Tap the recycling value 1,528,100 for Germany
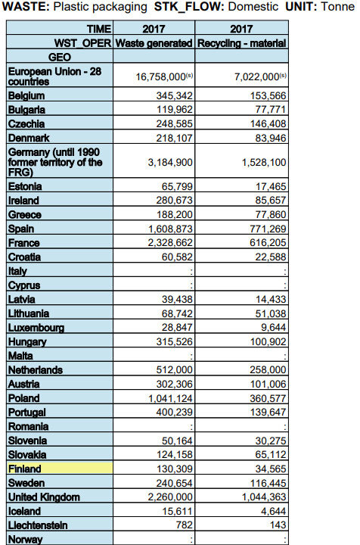coord(264,162)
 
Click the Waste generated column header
coord(154,43)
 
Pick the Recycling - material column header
coord(242,43)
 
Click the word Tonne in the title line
coord(339,8)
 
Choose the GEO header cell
coord(60,57)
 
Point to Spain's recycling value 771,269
coord(267,229)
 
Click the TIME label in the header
coord(98,30)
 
